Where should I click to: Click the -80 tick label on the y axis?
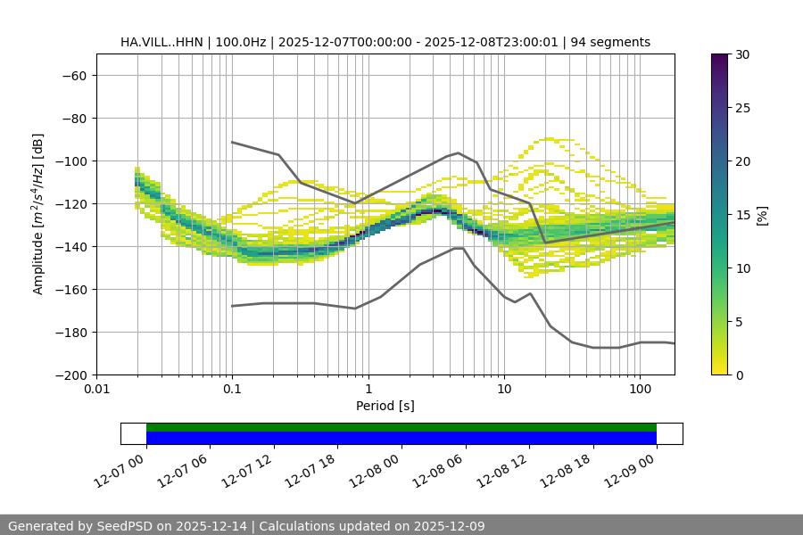[72, 119]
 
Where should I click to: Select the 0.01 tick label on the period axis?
[96, 390]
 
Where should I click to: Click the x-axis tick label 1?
[368, 390]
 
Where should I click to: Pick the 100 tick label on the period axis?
[640, 390]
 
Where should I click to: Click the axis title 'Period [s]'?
[385, 406]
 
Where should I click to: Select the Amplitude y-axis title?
[37, 214]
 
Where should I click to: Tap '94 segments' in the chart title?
[610, 42]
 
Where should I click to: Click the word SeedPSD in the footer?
[122, 526]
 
